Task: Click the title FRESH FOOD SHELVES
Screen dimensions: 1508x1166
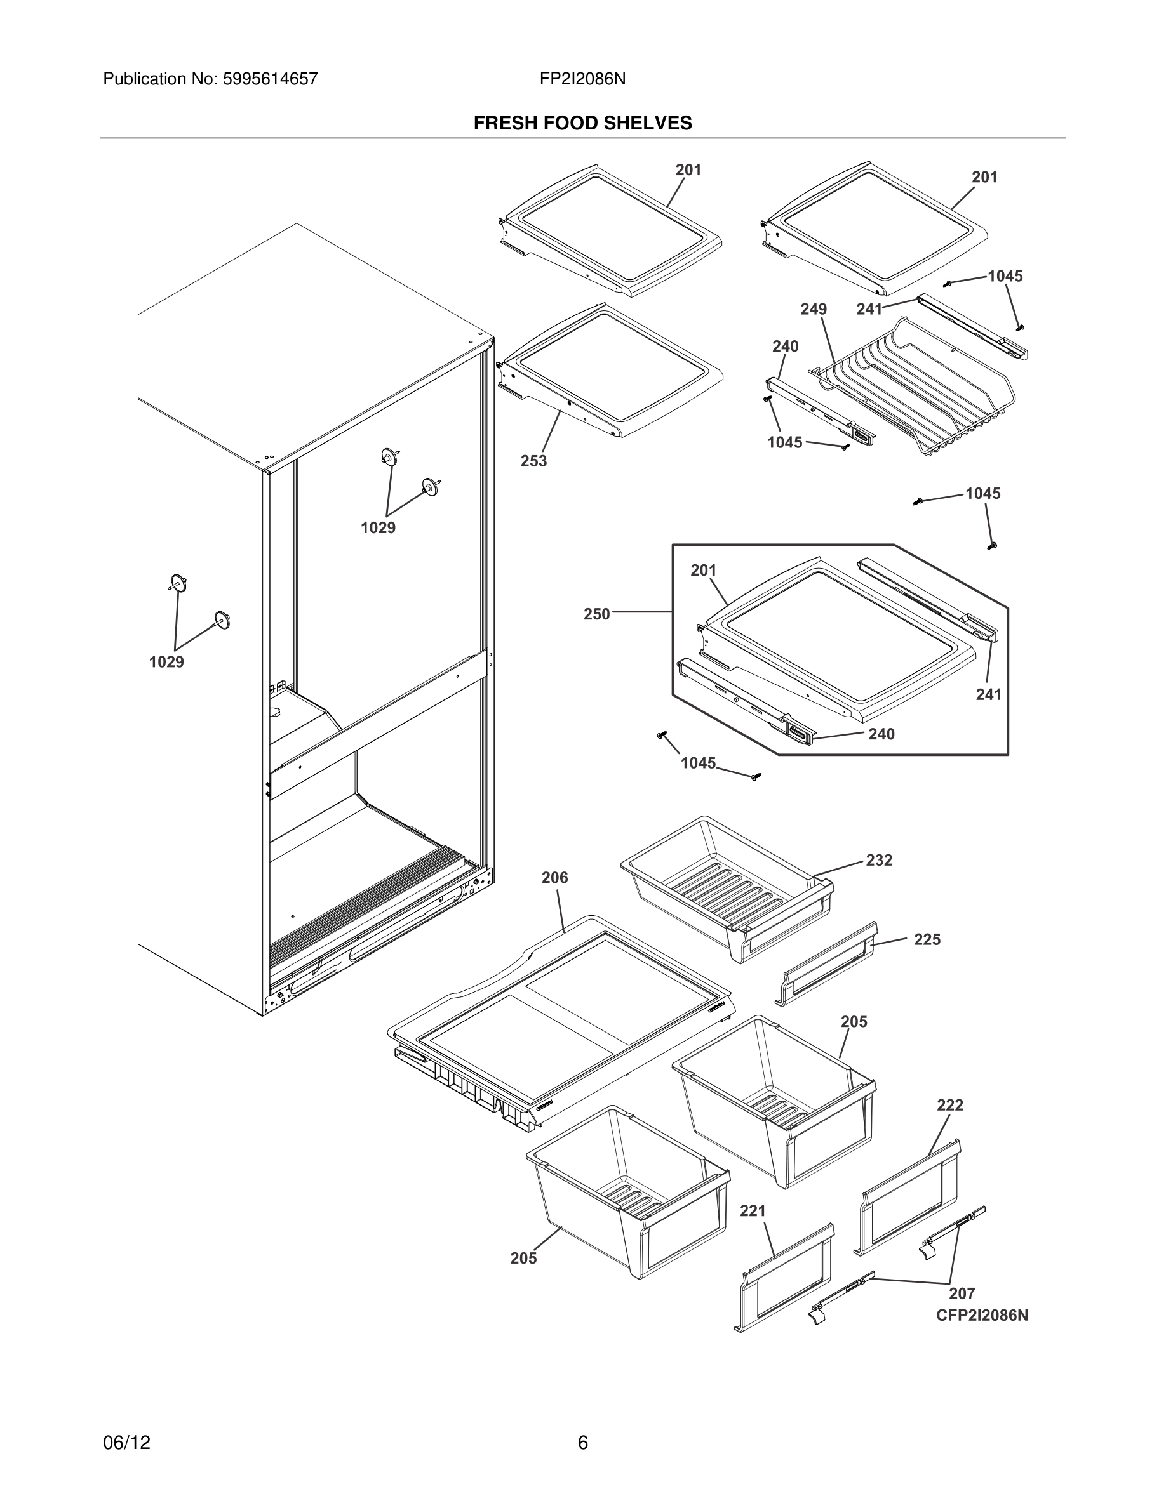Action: click(582, 123)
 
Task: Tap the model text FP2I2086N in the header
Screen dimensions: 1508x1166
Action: click(582, 79)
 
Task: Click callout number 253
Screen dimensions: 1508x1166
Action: click(533, 461)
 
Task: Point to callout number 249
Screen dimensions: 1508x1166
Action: click(813, 308)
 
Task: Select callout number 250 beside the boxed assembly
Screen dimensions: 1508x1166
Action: click(597, 613)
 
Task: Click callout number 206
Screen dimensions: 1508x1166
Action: click(554, 877)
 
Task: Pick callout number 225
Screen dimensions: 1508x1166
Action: click(927, 939)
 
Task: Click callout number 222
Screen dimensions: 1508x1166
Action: click(950, 1105)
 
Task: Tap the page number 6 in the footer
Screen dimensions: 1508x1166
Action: click(582, 1443)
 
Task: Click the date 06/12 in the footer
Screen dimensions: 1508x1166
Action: click(126, 1443)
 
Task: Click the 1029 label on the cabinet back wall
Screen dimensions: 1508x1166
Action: click(378, 527)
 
